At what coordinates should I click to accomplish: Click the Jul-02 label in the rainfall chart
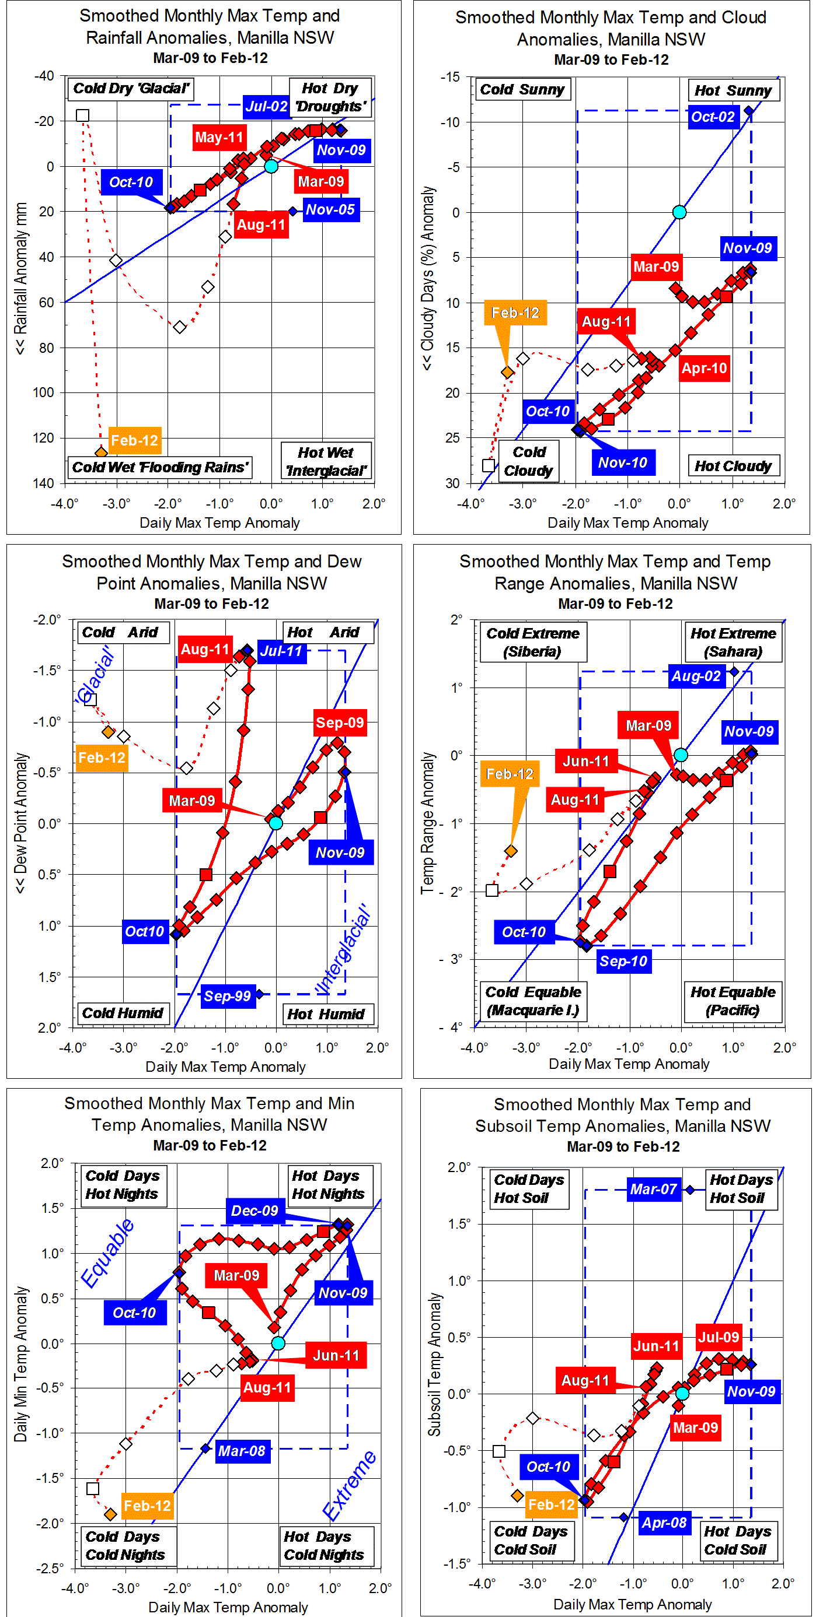(266, 106)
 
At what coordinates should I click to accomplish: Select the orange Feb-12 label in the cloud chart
(515, 313)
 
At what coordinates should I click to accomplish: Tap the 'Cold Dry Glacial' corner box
(130, 89)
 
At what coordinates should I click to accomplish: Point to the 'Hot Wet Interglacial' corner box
(325, 461)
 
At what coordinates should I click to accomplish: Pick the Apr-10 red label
(704, 369)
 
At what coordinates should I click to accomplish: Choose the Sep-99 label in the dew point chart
(227, 995)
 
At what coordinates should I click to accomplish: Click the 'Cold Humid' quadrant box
(123, 1012)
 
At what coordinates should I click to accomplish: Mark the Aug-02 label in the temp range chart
(695, 676)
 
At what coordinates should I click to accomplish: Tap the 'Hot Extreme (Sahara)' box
(733, 642)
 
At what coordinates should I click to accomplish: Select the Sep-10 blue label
(623, 961)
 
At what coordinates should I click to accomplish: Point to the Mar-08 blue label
(241, 1451)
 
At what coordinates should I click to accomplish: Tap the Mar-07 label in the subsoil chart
(653, 1189)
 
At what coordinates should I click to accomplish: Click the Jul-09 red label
(718, 1337)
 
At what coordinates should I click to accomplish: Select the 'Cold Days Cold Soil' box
(530, 1540)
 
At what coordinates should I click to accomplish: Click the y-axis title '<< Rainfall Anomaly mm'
(21, 278)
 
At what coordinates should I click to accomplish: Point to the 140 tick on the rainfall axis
(43, 483)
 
